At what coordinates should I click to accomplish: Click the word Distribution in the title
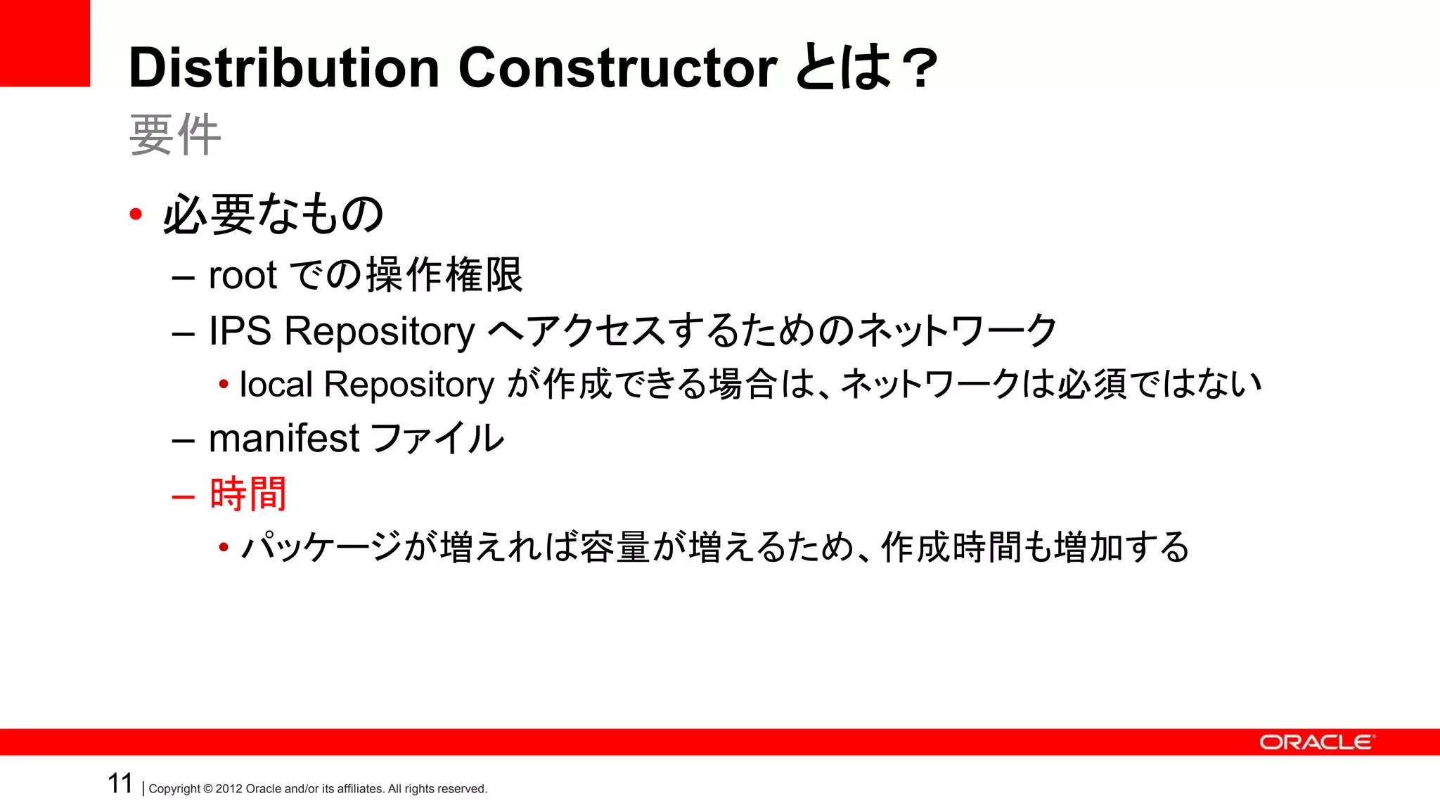284,68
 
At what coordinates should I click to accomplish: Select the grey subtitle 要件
175,135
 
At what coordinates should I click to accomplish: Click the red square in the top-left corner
45,43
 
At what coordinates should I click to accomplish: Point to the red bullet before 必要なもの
136,214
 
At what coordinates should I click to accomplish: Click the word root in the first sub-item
243,275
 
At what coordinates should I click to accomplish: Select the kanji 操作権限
444,274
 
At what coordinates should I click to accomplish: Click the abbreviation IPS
240,330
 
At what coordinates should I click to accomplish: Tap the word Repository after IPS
380,332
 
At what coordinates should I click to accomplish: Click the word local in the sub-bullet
276,385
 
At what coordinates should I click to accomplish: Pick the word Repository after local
409,386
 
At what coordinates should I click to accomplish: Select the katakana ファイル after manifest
437,438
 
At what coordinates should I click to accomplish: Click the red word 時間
248,494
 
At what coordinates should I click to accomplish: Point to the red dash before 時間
183,496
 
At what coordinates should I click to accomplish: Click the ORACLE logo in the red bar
1316,742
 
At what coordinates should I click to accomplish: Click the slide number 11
120,783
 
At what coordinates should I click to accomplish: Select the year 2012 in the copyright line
229,789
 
